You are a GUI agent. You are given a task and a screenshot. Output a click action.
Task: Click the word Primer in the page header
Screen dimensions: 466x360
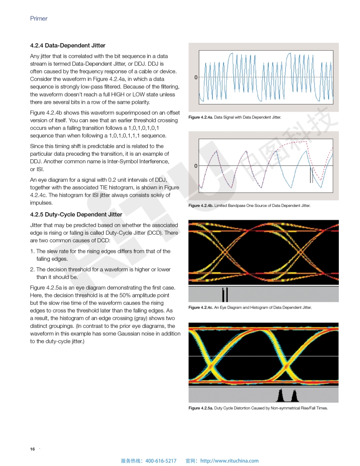click(39, 19)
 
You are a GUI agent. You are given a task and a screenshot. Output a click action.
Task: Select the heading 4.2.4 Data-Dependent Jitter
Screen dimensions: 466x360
click(67, 45)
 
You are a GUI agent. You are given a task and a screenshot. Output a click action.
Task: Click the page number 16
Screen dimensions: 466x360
click(32, 449)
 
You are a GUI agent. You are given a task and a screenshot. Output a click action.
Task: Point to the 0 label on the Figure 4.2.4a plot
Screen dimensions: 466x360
click(195, 78)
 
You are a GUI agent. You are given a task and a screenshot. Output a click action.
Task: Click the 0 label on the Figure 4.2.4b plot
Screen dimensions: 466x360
click(195, 166)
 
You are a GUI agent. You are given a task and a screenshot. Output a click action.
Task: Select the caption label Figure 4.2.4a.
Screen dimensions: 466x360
click(200, 117)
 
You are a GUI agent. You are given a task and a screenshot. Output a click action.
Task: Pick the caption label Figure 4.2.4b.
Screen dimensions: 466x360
click(200, 206)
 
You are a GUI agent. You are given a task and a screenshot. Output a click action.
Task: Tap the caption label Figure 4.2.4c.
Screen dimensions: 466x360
click(200, 307)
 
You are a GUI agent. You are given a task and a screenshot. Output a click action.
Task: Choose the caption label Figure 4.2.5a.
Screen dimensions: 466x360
click(200, 408)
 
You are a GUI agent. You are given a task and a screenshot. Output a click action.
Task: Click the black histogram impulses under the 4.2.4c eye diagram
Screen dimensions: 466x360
click(225, 294)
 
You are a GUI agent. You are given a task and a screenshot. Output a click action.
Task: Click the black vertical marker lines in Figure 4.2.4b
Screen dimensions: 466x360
click(311, 175)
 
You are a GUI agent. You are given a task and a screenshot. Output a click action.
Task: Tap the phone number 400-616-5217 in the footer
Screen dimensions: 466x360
click(161, 461)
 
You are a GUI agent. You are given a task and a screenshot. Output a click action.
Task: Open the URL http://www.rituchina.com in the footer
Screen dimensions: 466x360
click(229, 461)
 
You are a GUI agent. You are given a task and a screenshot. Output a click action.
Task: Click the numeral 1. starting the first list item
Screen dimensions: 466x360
click(32, 251)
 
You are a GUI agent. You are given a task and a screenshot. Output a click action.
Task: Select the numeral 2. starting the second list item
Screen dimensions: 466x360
click(32, 269)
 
